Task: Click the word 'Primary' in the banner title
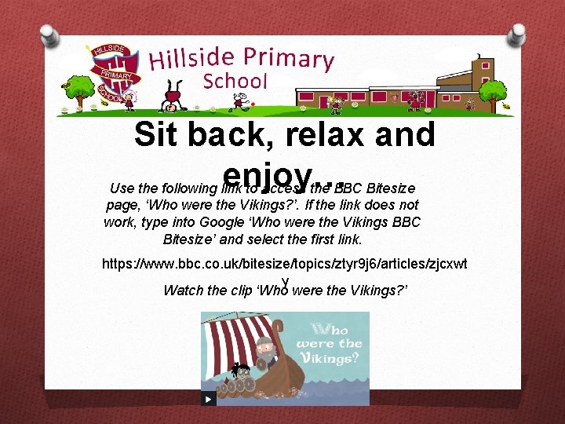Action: tap(288, 57)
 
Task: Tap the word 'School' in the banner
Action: tap(235, 81)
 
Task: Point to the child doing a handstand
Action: tap(174, 101)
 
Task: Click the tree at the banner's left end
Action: tap(79, 90)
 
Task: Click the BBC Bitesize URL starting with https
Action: tap(284, 265)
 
